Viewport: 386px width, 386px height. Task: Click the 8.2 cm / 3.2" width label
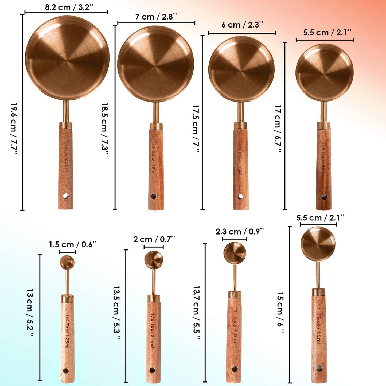(69, 7)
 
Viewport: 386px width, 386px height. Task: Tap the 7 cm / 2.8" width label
(156, 17)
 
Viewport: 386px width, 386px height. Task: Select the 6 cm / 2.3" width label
(242, 25)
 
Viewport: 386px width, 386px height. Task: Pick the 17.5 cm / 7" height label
(196, 129)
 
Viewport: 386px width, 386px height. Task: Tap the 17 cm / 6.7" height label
(278, 129)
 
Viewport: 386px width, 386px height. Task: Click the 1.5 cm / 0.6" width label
(72, 244)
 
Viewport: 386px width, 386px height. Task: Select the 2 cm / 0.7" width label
(154, 239)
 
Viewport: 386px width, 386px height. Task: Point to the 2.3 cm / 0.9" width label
(240, 232)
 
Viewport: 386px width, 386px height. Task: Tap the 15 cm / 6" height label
(280, 313)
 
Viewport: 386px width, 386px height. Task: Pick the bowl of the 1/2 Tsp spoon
(154, 259)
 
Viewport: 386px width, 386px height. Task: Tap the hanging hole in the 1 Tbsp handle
(319, 368)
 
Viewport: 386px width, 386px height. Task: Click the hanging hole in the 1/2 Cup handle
(154, 197)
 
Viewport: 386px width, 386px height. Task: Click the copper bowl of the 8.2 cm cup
(67, 58)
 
